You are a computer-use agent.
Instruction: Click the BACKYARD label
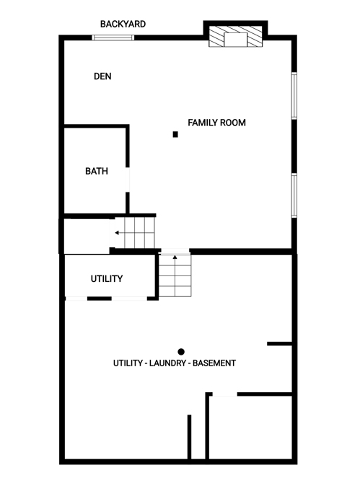tap(123, 24)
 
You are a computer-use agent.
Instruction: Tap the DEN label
tap(102, 76)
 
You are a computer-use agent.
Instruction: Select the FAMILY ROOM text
tap(216, 123)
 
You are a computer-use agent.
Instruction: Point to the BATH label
tap(97, 171)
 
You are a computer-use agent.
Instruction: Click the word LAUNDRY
tap(167, 363)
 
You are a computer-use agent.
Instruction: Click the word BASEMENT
tap(214, 363)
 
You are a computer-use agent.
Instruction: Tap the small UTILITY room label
tap(107, 278)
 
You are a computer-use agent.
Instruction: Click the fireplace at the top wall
tap(235, 36)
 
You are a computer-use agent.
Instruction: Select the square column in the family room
tap(175, 134)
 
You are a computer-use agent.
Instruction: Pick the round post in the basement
tap(181, 352)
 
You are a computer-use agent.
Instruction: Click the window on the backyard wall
tap(113, 37)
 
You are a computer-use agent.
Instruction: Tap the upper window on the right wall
tap(294, 95)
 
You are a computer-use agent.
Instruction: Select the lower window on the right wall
tap(294, 195)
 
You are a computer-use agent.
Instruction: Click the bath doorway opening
tap(128, 180)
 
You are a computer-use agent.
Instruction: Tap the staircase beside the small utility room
tap(175, 275)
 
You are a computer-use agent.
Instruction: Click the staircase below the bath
tap(134, 233)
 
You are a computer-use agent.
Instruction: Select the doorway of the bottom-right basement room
tap(225, 394)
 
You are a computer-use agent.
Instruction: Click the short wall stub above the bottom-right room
tap(279, 344)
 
